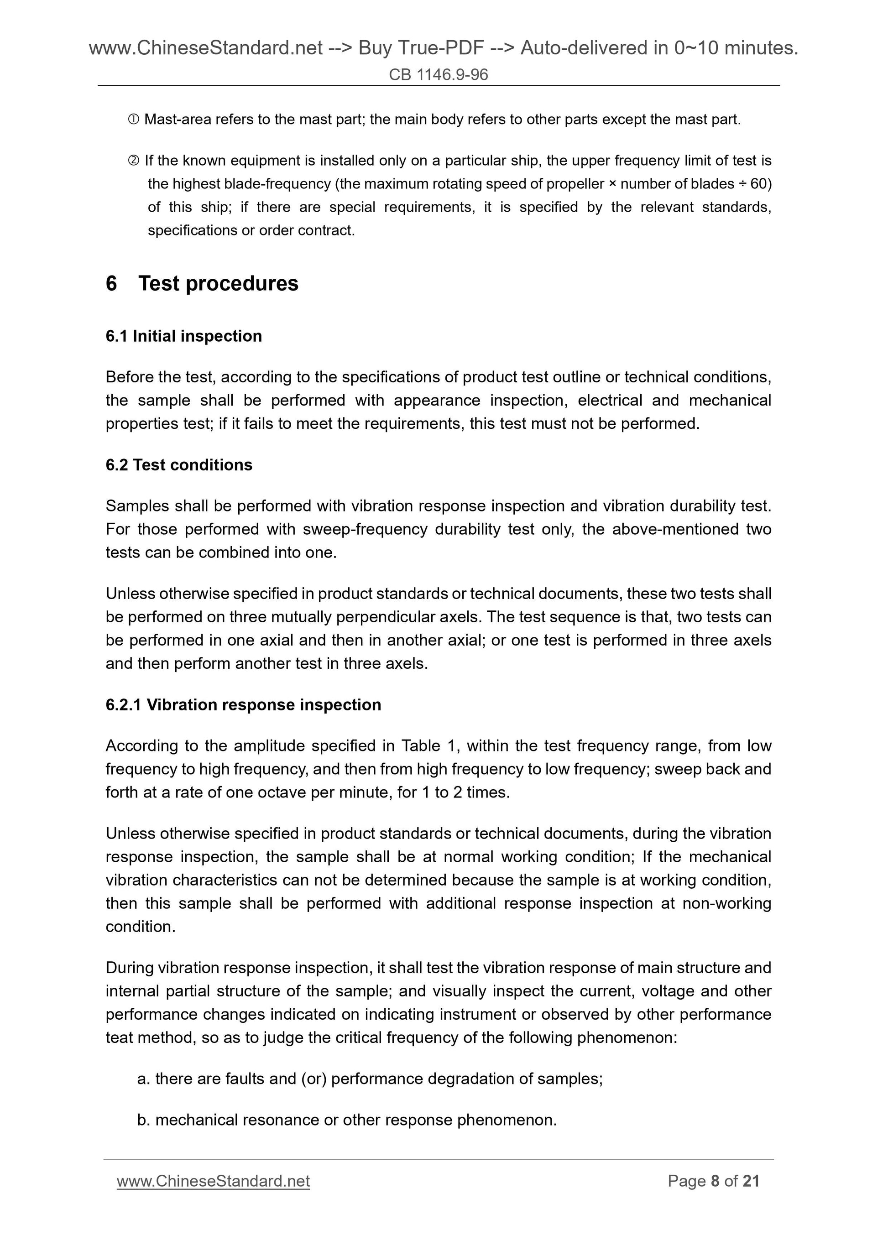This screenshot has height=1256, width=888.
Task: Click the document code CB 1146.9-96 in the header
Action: (x=438, y=74)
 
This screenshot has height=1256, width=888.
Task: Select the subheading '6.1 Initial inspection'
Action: (x=184, y=336)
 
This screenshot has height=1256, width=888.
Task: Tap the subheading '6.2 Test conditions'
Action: (x=179, y=465)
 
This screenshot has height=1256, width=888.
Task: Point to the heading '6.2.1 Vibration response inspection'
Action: (x=244, y=704)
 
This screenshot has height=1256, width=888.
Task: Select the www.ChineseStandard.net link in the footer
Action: (x=214, y=1181)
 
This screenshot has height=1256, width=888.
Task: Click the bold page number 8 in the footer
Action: (x=715, y=1181)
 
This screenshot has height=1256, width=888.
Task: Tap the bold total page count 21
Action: (x=751, y=1181)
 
